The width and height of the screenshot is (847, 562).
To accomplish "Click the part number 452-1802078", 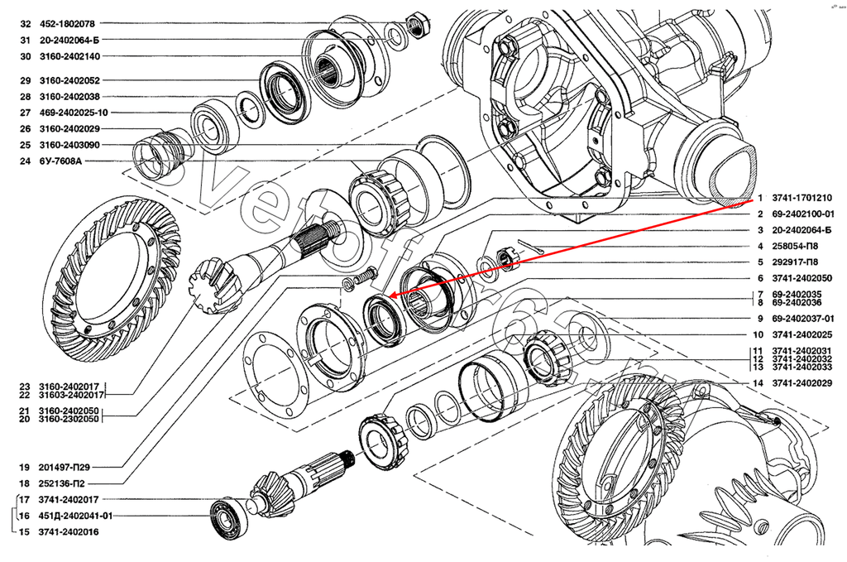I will tap(67, 24).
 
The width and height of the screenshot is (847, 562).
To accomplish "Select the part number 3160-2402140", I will tap(69, 56).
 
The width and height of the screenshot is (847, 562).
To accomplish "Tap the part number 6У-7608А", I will tap(60, 161).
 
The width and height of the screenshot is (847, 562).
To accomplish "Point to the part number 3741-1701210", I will tap(802, 199).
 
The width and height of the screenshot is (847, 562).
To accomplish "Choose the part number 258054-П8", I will tap(795, 247).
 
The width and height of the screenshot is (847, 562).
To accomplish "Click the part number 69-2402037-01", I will tap(802, 319).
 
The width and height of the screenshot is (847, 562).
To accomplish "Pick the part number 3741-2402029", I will tap(802, 383).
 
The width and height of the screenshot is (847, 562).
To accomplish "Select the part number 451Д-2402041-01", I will tap(75, 516).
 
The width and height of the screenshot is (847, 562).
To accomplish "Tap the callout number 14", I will tap(758, 383).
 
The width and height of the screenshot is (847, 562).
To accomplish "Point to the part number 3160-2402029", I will tap(69, 129).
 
